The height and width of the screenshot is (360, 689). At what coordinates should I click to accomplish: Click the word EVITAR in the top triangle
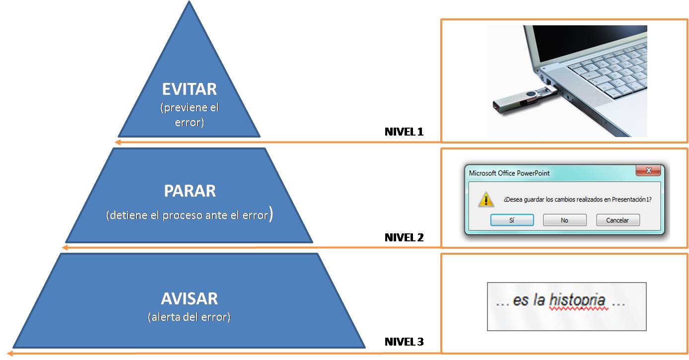tap(189, 89)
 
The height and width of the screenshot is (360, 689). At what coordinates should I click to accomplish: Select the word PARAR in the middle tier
tap(190, 191)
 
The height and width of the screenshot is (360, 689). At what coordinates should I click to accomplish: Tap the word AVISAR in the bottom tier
tap(189, 299)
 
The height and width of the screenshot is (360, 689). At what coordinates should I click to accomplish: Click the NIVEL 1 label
tap(404, 132)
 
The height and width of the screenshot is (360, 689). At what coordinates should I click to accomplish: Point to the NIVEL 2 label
tap(404, 237)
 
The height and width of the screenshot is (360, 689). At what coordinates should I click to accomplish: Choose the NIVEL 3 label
tap(404, 342)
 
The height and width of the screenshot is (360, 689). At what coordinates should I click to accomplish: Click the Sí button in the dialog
tap(512, 220)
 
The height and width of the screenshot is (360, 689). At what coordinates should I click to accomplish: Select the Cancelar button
tap(618, 220)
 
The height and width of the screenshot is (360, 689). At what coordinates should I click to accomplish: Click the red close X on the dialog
tap(648, 171)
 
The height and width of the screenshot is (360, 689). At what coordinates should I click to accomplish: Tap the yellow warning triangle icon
tap(485, 200)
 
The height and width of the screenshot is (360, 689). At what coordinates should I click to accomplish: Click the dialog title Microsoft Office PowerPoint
tap(509, 173)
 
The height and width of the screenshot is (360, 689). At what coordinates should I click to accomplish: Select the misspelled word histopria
tap(577, 300)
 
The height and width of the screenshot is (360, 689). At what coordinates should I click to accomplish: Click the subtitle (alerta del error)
tap(189, 317)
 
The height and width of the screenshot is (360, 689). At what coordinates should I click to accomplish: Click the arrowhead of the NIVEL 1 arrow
tap(117, 143)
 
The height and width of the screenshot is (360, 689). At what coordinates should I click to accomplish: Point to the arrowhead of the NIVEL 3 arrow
tap(9, 353)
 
